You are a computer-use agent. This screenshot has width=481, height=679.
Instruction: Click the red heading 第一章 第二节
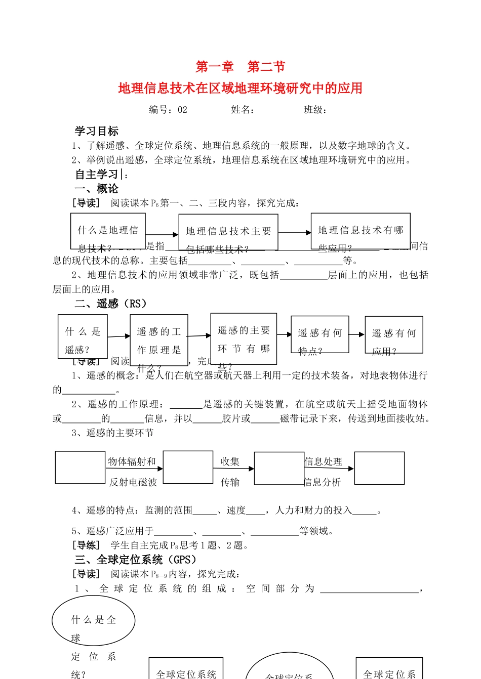click(x=240, y=66)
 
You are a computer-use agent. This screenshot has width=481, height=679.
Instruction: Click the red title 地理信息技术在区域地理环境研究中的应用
click(x=240, y=88)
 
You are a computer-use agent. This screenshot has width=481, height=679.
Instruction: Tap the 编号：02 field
click(x=168, y=110)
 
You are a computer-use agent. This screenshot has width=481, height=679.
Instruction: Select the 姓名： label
click(x=243, y=110)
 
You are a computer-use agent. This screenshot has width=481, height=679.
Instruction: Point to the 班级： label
click(x=315, y=110)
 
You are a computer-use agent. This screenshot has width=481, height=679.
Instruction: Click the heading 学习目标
click(x=97, y=131)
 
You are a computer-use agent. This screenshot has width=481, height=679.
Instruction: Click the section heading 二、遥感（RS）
click(x=111, y=304)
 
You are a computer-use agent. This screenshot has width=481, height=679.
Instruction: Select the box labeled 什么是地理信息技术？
click(x=108, y=231)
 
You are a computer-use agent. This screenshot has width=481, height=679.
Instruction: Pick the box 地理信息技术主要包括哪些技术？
click(x=228, y=233)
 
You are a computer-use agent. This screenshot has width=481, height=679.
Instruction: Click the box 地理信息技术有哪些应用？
click(x=360, y=231)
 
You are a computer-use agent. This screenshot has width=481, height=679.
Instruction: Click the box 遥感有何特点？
click(x=319, y=334)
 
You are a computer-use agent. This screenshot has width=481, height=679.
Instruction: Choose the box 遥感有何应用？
click(x=393, y=335)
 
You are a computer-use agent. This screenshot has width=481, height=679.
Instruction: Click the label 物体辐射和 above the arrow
click(x=132, y=461)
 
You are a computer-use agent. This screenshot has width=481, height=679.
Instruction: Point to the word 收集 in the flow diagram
click(x=230, y=461)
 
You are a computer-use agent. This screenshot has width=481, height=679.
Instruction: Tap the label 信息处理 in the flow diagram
click(x=323, y=461)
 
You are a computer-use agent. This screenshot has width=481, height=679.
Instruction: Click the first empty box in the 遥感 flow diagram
click(x=80, y=468)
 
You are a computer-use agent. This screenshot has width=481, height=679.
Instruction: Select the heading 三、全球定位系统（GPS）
click(x=136, y=560)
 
